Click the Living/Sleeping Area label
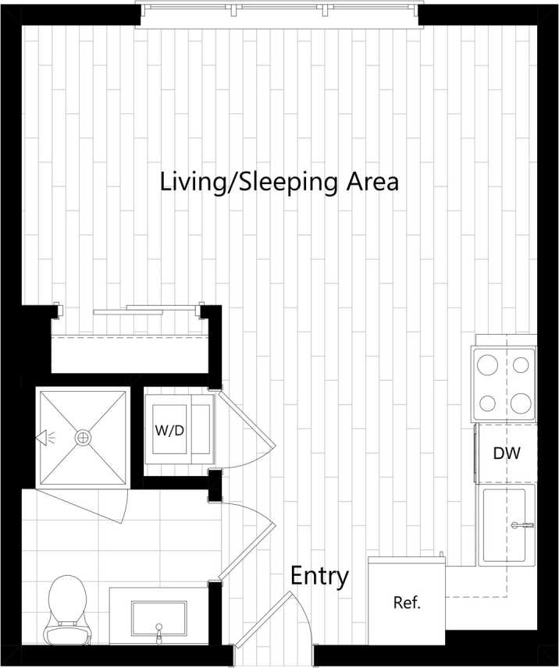tap(279, 182)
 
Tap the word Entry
tap(319, 577)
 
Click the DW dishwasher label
tap(507, 453)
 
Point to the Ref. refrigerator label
tap(407, 602)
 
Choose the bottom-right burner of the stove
tap(522, 403)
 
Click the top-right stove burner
tap(522, 364)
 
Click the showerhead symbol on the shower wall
tap(43, 438)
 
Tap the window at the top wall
tap(279, 11)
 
